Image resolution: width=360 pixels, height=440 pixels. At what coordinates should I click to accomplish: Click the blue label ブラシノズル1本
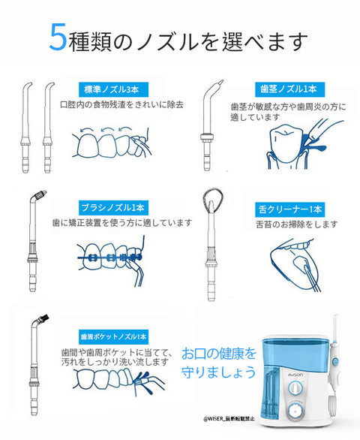[113, 206]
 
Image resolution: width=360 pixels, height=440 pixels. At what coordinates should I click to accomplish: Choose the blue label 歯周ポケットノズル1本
[112, 336]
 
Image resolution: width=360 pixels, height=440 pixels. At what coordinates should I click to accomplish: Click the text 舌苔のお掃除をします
[296, 224]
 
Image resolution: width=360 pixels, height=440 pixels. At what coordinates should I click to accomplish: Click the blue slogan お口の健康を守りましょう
[219, 361]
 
